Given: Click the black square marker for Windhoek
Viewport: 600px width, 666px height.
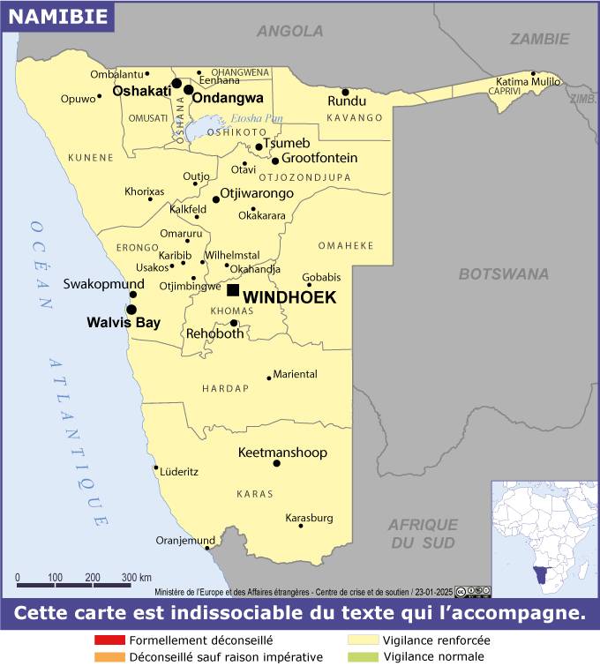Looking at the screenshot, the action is [x=233, y=290].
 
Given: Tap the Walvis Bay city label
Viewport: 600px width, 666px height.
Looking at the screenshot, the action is [x=124, y=323].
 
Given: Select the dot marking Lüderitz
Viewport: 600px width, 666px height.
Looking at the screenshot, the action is [x=156, y=468].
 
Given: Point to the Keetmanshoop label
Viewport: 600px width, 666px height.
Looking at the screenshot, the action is [x=282, y=453].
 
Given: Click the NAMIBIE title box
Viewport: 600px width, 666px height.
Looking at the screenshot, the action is [x=57, y=16].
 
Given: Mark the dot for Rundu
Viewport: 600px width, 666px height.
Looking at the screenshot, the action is [x=345, y=92].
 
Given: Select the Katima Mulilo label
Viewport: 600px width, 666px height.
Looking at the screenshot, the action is [x=529, y=82].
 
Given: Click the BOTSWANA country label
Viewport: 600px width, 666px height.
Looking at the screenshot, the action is [x=503, y=274].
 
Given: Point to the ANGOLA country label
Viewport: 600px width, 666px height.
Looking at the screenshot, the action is [x=289, y=32].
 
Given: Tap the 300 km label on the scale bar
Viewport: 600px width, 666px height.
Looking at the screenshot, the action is [x=136, y=577].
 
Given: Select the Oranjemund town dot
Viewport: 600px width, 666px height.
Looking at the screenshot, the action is [x=207, y=547].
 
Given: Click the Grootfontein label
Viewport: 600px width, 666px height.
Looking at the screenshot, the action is [x=319, y=158].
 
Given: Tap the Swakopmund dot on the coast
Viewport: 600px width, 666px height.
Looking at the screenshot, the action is [x=132, y=294].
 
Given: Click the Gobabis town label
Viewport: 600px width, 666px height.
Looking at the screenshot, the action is [x=321, y=276].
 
